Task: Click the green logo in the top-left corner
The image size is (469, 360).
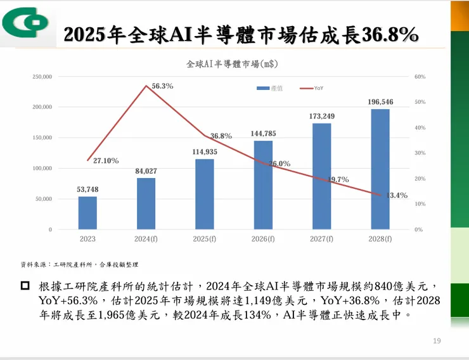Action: pyautogui.click(x=24, y=23)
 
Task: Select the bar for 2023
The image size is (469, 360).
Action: pyautogui.click(x=87, y=213)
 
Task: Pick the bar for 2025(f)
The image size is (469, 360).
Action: pyautogui.click(x=205, y=194)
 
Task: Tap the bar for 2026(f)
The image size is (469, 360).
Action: pyautogui.click(x=263, y=185)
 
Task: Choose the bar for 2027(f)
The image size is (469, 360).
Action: pyautogui.click(x=321, y=176)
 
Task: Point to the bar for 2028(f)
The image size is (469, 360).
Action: pyautogui.click(x=380, y=169)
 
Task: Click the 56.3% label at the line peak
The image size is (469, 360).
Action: pyautogui.click(x=163, y=86)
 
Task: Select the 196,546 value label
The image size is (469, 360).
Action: pyautogui.click(x=380, y=102)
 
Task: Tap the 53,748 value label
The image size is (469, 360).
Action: pyautogui.click(x=87, y=190)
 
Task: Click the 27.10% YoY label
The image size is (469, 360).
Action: pyautogui.click(x=106, y=161)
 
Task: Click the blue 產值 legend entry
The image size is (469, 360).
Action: pyautogui.click(x=269, y=88)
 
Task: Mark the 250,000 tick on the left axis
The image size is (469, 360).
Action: pyautogui.click(x=42, y=77)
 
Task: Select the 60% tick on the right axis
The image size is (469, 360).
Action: pyautogui.click(x=420, y=77)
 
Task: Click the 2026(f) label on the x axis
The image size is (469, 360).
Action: pyautogui.click(x=263, y=240)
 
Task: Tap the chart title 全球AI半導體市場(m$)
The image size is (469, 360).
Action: pyautogui.click(x=232, y=65)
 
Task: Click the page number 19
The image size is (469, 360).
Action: pyautogui.click(x=437, y=342)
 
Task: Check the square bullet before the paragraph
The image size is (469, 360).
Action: pyautogui.click(x=25, y=286)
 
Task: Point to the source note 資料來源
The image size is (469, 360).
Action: pyautogui.click(x=79, y=264)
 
